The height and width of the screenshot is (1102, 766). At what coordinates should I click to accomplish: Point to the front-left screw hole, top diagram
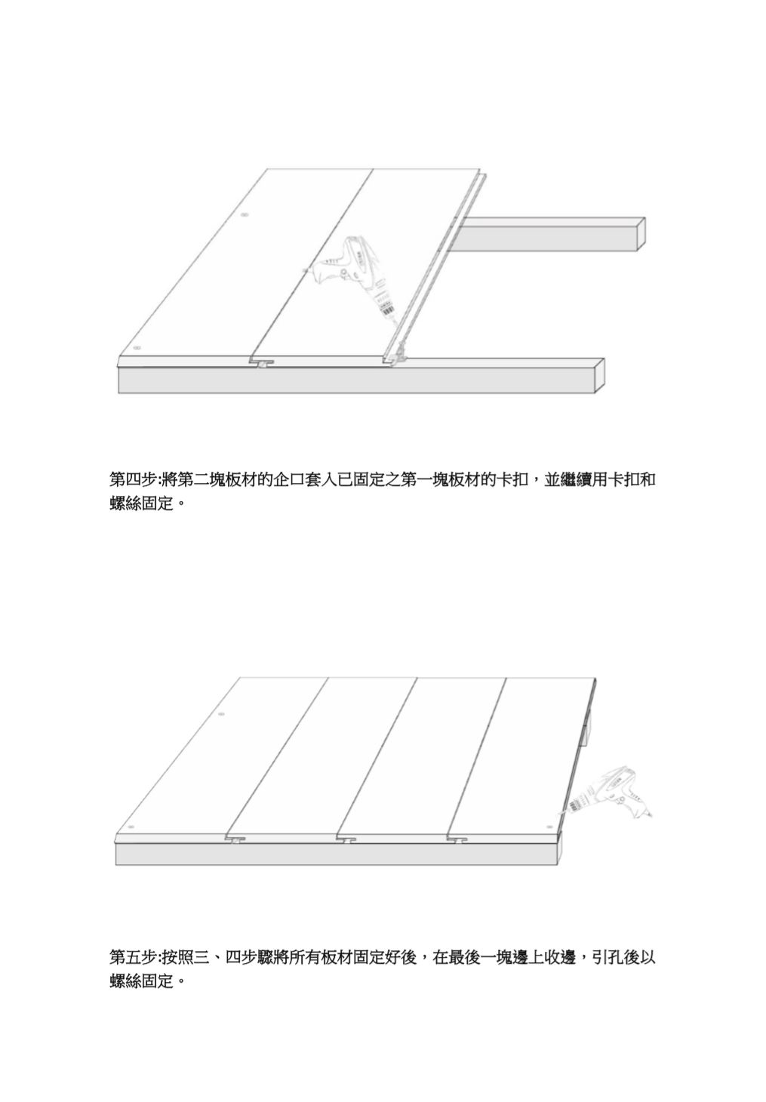pyautogui.click(x=137, y=349)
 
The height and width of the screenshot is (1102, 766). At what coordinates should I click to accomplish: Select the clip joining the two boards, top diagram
pyautogui.click(x=262, y=364)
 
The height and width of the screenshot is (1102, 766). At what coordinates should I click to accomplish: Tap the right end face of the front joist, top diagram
pyautogui.click(x=600, y=375)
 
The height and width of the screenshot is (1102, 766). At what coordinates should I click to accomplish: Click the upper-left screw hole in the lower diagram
pyautogui.click(x=220, y=714)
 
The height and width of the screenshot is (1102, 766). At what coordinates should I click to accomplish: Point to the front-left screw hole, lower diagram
pyautogui.click(x=131, y=827)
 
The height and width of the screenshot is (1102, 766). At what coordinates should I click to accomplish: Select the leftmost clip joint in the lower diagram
pyautogui.click(x=235, y=839)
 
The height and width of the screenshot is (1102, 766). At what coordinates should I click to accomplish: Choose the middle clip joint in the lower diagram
pyautogui.click(x=347, y=839)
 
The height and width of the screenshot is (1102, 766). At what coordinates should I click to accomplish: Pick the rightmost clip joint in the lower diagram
pyautogui.click(x=458, y=839)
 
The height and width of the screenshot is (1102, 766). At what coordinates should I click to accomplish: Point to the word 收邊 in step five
pyautogui.click(x=561, y=958)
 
